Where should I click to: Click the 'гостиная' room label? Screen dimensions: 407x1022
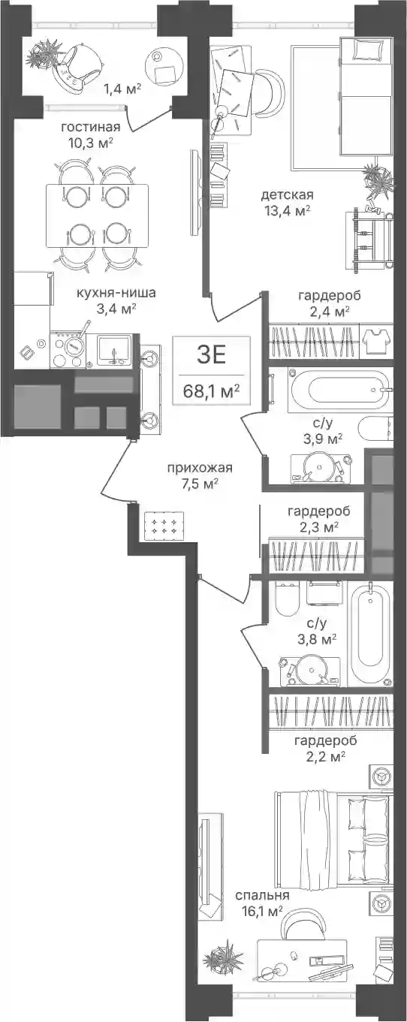point(92,127)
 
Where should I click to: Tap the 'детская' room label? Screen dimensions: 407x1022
point(287,194)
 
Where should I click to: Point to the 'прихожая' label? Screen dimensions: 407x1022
point(200,467)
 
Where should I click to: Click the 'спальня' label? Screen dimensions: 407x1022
point(262,895)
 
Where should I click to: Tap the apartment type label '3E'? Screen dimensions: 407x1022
point(211,355)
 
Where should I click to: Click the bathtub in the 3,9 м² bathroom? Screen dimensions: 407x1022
point(340,390)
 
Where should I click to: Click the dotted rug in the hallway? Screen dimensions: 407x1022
point(164,526)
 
